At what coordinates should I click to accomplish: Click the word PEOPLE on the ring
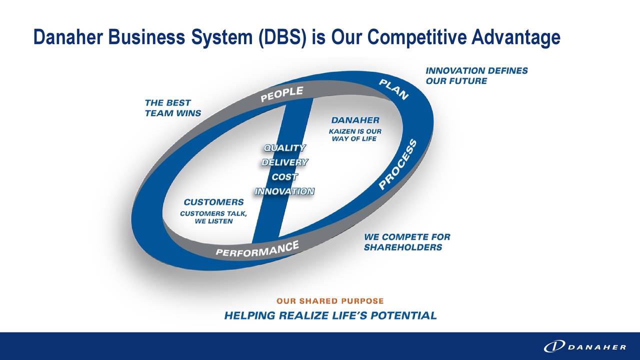tap(282, 94)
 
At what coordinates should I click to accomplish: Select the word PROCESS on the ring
tap(397, 165)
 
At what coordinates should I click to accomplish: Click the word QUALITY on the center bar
tap(284, 148)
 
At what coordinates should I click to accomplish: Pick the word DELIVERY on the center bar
tap(284, 162)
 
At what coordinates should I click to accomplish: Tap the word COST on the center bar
tap(284, 177)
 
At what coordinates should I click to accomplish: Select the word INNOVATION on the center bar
tap(284, 191)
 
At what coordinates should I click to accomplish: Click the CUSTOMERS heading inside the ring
tap(213, 202)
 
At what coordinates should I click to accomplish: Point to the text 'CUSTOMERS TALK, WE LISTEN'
tap(213, 217)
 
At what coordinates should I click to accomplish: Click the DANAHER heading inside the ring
tap(355, 120)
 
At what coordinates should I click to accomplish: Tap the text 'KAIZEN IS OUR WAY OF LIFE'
tap(355, 135)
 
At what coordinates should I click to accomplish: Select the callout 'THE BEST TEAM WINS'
tap(172, 108)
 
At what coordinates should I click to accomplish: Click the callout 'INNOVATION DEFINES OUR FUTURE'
tap(476, 76)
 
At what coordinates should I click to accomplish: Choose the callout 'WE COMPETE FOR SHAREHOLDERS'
tap(406, 242)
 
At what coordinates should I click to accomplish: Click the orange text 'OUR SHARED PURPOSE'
tap(330, 301)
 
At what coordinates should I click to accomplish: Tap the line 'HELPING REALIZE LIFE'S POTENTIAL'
tap(330, 315)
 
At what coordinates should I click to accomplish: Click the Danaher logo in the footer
tap(584, 346)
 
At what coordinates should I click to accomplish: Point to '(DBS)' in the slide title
tap(283, 37)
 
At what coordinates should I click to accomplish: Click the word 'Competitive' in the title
tap(418, 37)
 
